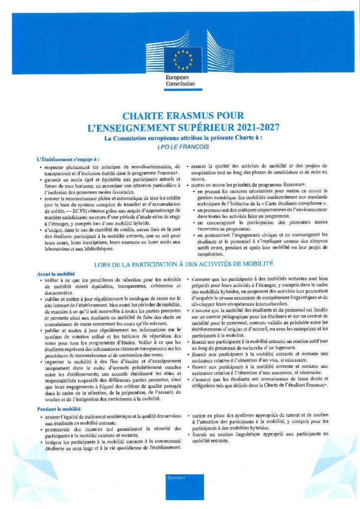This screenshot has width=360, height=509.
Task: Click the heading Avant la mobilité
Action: (55, 274)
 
